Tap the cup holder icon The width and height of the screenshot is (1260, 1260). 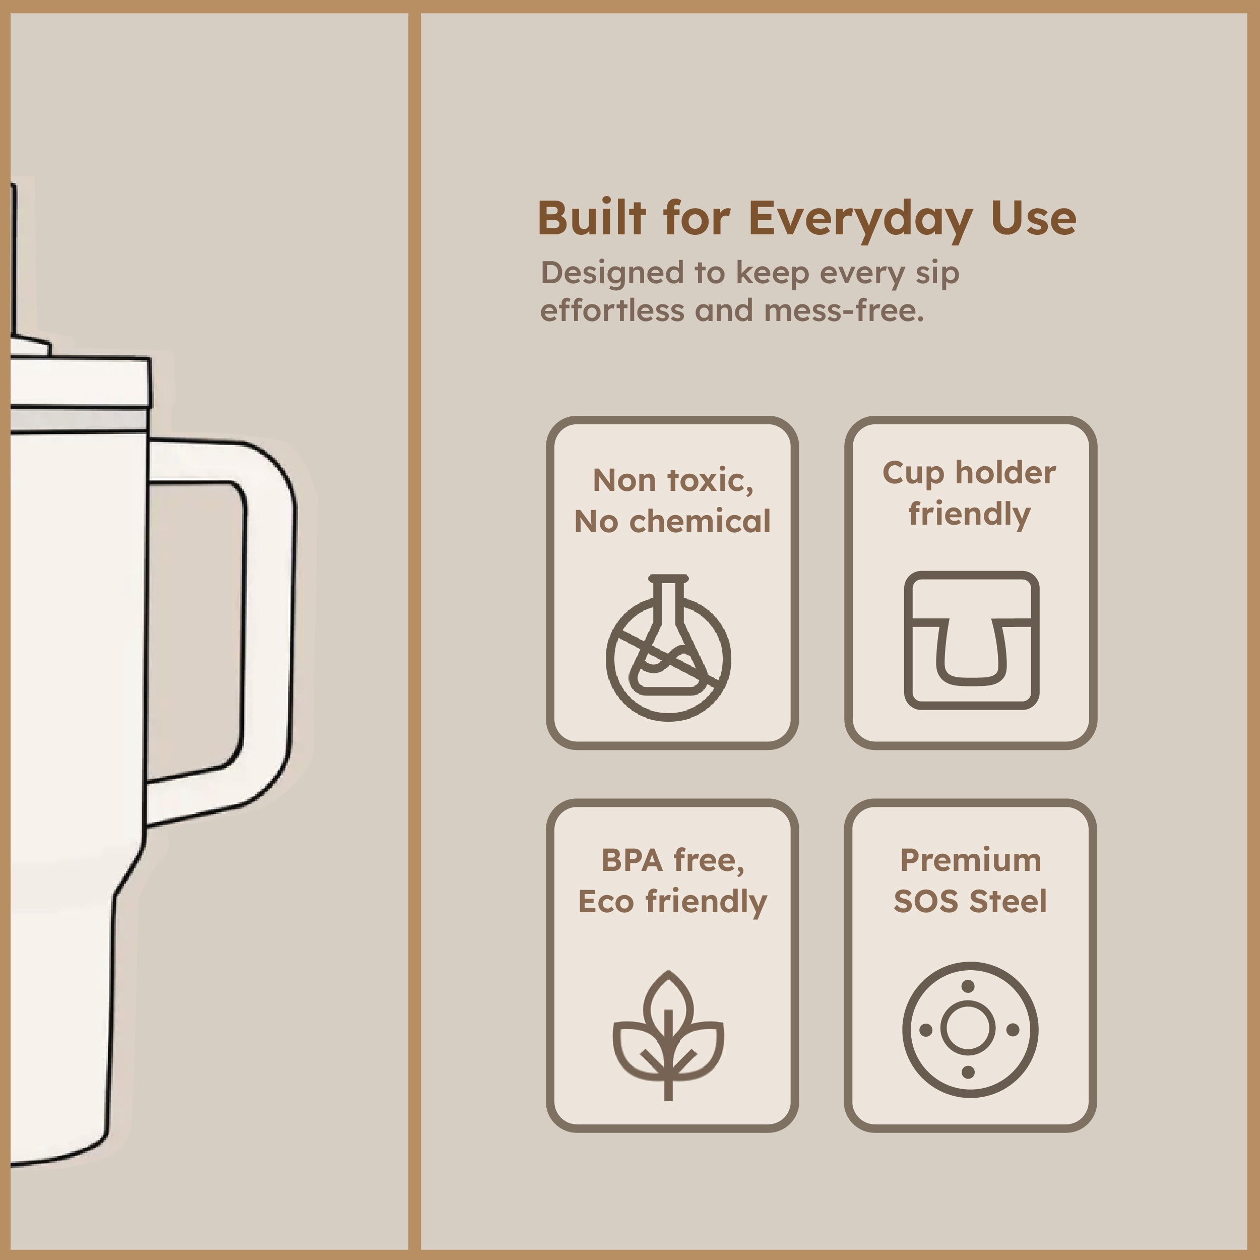pyautogui.click(x=971, y=641)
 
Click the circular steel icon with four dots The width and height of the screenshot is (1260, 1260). pyautogui.click(x=970, y=1030)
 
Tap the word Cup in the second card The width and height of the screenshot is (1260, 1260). pyautogui.click(x=912, y=473)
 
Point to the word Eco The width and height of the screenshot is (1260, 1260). pyautogui.click(x=606, y=902)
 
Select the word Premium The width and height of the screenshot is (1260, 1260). pyautogui.click(x=970, y=860)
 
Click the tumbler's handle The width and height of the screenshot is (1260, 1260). pyautogui.click(x=268, y=626)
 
